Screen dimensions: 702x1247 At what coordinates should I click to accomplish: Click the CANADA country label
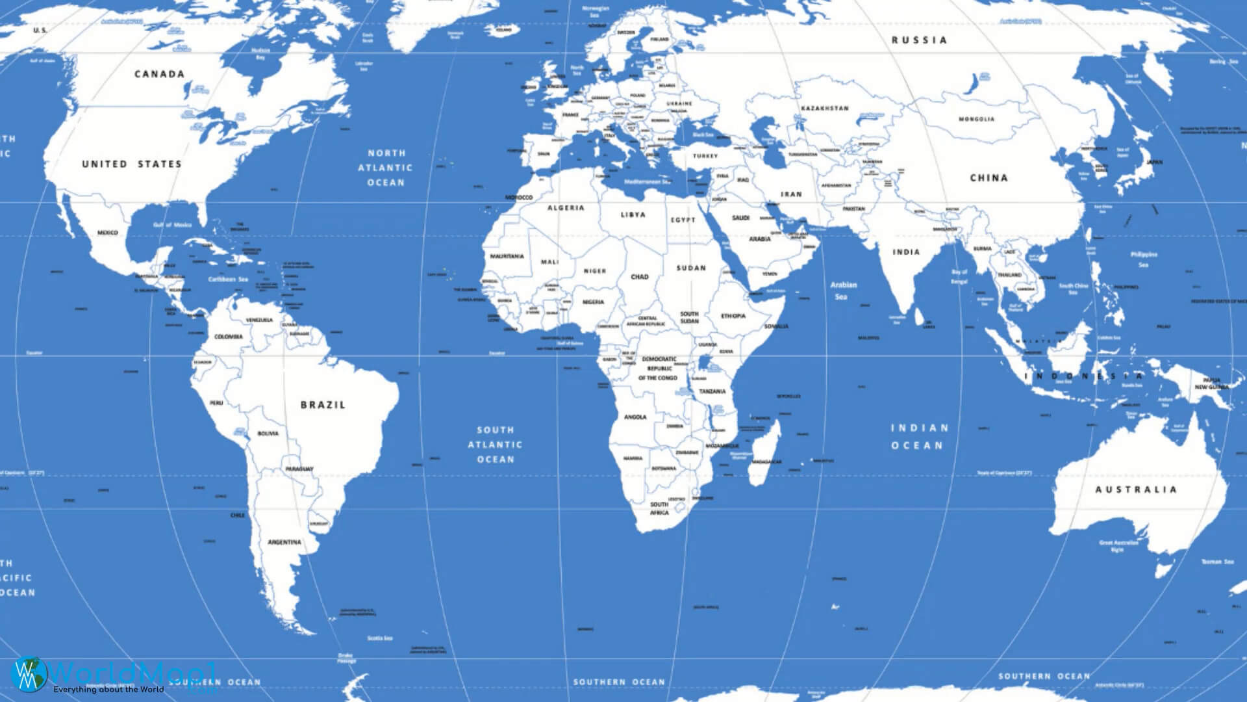coord(159,74)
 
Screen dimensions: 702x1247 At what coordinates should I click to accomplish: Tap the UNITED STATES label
coord(131,164)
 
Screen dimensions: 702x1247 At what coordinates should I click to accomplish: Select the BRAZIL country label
coord(323,404)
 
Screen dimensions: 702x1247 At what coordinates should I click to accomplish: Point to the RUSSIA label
coord(919,40)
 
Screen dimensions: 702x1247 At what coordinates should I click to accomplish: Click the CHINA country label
coord(989,177)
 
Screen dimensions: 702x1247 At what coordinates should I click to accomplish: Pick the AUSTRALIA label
coord(1136,489)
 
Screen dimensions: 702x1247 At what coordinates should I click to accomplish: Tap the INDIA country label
coord(906,252)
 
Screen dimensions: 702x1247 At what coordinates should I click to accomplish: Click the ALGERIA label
coord(566,208)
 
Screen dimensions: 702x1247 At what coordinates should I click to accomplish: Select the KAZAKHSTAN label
coord(825,108)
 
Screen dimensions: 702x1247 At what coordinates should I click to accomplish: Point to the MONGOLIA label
coord(976,119)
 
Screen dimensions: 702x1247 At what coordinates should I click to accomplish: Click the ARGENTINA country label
coord(284,541)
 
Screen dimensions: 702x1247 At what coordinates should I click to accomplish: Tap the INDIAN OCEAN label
coord(919,436)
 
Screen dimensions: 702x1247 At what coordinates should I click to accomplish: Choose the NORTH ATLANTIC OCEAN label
coord(386,168)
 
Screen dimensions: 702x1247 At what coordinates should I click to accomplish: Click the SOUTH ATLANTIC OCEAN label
coord(496,445)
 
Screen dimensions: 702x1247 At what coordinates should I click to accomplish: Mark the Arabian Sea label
coord(843,291)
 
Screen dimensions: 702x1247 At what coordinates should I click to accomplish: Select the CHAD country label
coord(640,276)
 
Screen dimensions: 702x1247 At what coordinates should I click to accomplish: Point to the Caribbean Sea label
coord(228,279)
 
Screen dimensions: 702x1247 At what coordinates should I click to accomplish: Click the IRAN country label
coord(791,194)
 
